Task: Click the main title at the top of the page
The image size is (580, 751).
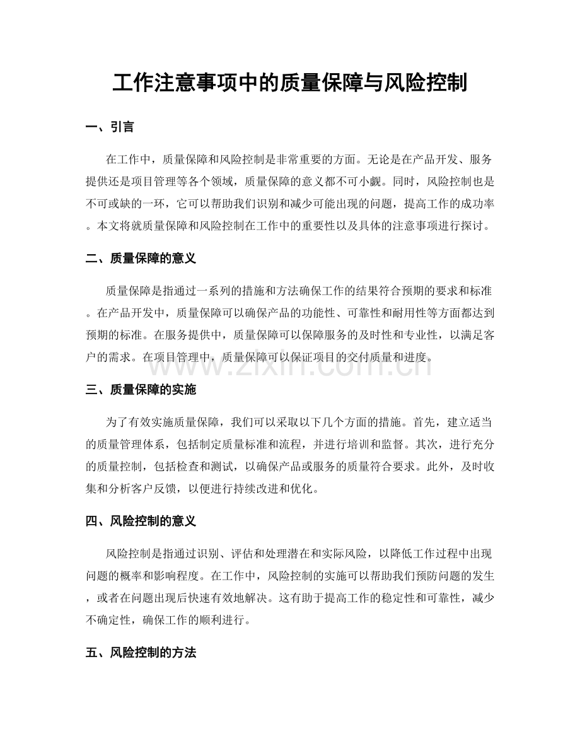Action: [289, 83]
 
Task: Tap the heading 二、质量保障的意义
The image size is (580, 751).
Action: [141, 258]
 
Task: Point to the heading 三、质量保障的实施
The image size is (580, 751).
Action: [141, 390]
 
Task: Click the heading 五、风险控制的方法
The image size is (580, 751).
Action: [141, 653]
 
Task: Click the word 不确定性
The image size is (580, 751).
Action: [112, 620]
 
